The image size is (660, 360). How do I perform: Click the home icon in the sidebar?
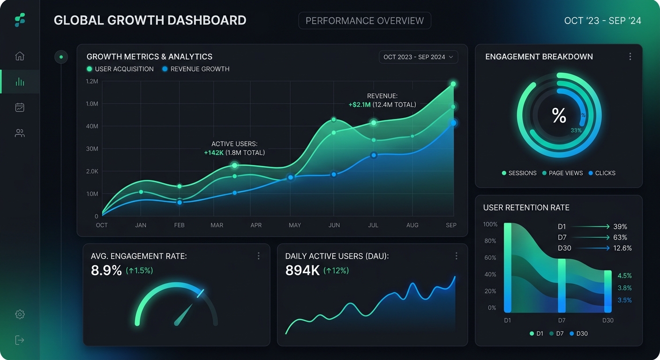click(x=20, y=56)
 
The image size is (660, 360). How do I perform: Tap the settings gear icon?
click(x=20, y=315)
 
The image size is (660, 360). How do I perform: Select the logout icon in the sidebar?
click(x=20, y=340)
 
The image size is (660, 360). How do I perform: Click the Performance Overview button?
click(x=364, y=21)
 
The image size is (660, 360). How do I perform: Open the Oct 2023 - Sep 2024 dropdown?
click(x=418, y=57)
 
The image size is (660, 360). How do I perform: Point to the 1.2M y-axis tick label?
click(x=92, y=82)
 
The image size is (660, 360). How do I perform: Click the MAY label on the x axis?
click(x=295, y=225)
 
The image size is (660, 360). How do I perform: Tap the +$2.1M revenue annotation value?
click(x=360, y=105)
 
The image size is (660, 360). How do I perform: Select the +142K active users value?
click(x=214, y=153)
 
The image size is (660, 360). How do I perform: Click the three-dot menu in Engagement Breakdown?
click(x=630, y=57)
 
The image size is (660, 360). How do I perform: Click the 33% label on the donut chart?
click(x=576, y=130)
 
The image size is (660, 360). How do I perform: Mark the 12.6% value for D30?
click(x=622, y=248)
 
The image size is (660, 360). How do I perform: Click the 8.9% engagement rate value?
click(x=106, y=270)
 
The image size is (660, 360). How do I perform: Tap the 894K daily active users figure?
click(x=302, y=270)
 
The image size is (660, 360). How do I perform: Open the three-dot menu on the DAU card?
click(x=456, y=256)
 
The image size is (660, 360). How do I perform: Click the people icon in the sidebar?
click(x=20, y=133)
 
